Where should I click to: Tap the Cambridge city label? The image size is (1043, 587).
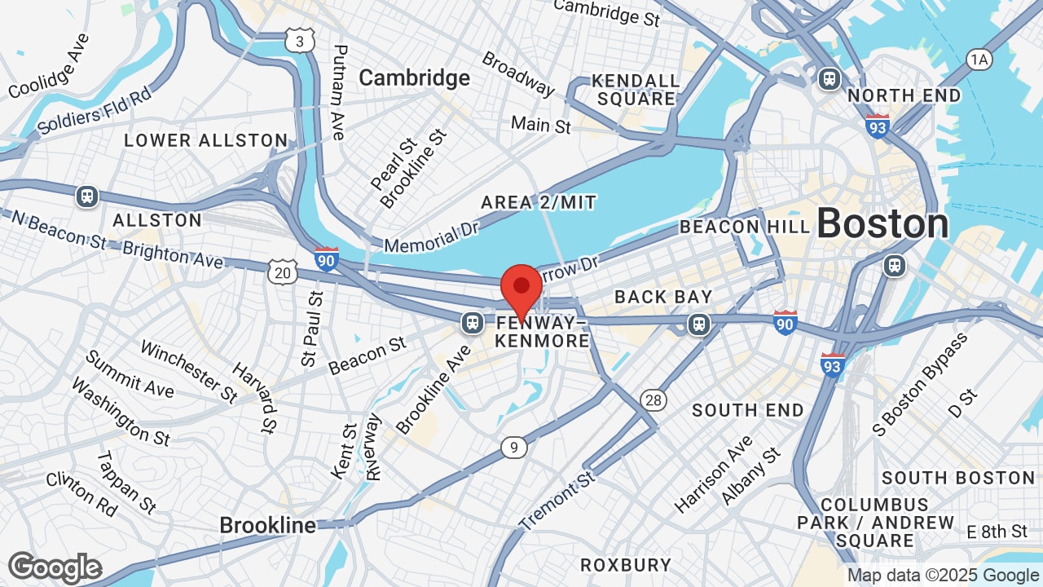pyautogui.click(x=414, y=77)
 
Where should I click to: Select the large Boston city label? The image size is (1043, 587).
pyautogui.click(x=882, y=223)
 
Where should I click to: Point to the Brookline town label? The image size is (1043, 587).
pyautogui.click(x=267, y=525)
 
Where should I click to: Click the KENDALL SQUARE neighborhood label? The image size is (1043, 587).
pyautogui.click(x=636, y=90)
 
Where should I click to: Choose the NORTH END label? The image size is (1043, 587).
pyautogui.click(x=904, y=95)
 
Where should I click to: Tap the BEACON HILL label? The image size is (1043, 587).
pyautogui.click(x=745, y=227)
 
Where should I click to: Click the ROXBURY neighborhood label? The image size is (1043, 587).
pyautogui.click(x=626, y=564)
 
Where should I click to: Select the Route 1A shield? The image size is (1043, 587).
pyautogui.click(x=979, y=59)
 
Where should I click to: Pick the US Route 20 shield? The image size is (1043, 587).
pyautogui.click(x=282, y=272)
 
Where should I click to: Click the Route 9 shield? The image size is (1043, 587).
pyautogui.click(x=513, y=447)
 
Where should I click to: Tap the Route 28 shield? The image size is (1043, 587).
pyautogui.click(x=654, y=399)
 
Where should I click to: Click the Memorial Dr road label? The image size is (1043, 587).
pyautogui.click(x=431, y=233)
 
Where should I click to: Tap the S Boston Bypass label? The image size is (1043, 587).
pyautogui.click(x=920, y=383)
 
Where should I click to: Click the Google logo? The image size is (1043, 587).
pyautogui.click(x=55, y=568)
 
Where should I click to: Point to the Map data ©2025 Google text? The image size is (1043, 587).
pyautogui.click(x=943, y=575)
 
